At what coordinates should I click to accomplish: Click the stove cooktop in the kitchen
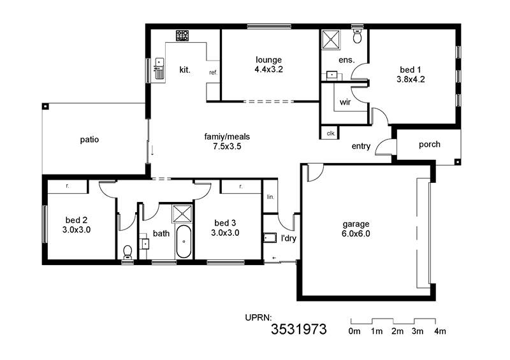(182, 36)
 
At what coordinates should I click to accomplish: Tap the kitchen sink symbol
(159, 68)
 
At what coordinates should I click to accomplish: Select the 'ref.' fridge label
(213, 73)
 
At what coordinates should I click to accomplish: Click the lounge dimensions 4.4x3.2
(268, 69)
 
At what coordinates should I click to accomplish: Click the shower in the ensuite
(331, 40)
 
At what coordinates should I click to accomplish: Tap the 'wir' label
(345, 102)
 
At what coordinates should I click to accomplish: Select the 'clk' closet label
(331, 133)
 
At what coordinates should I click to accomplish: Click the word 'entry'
(361, 147)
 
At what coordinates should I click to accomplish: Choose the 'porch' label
(429, 145)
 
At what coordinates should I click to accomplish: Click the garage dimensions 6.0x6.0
(356, 233)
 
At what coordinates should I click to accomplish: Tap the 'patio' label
(89, 140)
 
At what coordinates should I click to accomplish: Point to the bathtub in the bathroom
(184, 241)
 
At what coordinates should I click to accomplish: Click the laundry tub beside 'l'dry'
(270, 238)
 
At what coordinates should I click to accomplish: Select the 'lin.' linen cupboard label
(270, 197)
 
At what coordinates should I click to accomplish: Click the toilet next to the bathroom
(127, 252)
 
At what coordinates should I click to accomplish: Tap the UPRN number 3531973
(298, 329)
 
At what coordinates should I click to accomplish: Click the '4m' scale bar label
(440, 331)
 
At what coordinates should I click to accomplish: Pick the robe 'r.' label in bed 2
(68, 186)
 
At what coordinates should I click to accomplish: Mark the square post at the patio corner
(45, 106)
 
